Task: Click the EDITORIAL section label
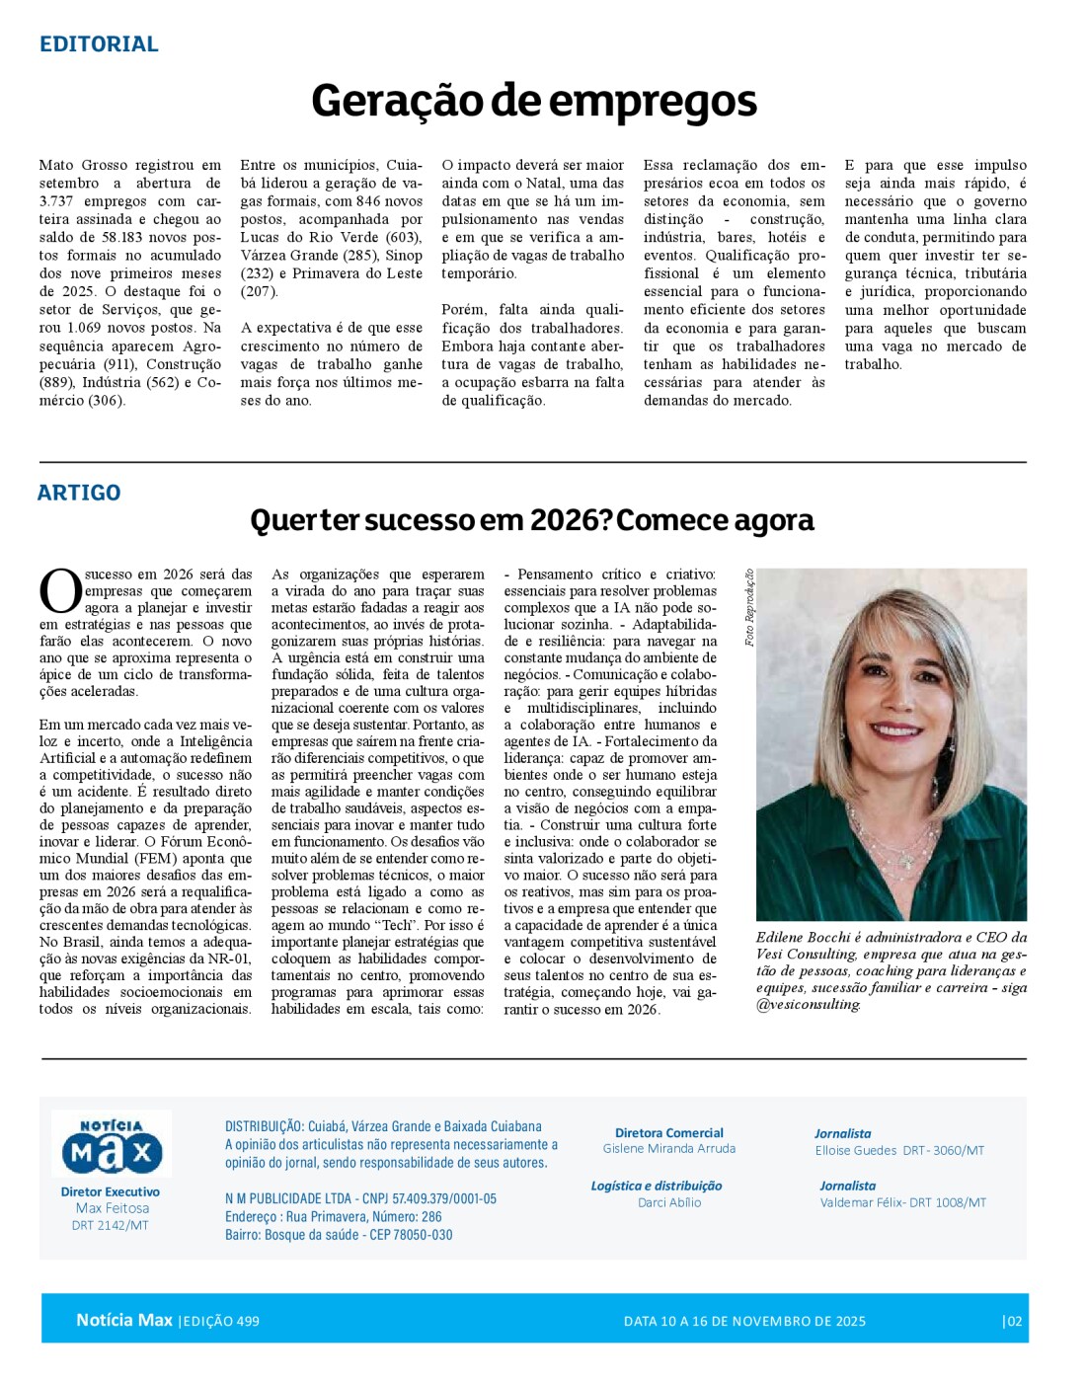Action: click(99, 44)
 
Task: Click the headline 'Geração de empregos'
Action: click(534, 101)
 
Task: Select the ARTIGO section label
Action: click(79, 493)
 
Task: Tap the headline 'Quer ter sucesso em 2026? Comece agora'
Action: click(532, 520)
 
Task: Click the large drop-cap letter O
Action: click(60, 591)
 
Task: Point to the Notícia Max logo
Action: click(112, 1145)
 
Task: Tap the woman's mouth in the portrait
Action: click(896, 731)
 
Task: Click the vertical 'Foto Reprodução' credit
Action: click(749, 607)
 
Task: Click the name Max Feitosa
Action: click(113, 1208)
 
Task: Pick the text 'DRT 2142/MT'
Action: click(111, 1226)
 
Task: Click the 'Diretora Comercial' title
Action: click(669, 1133)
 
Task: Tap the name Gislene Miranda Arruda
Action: click(669, 1149)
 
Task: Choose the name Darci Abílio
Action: click(669, 1203)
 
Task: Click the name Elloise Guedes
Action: click(856, 1151)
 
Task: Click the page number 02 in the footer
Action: click(1013, 1322)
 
